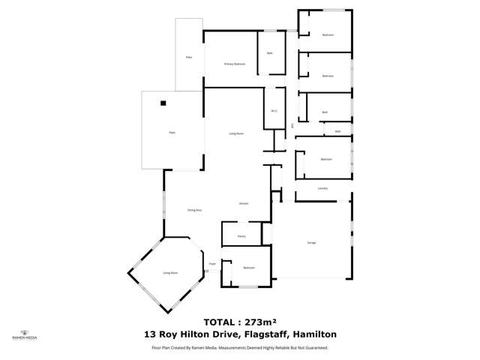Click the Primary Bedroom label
pos(235,64)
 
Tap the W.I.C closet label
pos(274,112)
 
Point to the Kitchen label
pos(244,204)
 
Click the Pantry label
pos(241,235)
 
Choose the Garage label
pos(310,242)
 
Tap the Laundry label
pos(322,188)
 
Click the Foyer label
pos(212,264)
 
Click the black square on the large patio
pos(161,104)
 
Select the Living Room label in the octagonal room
pos(170,273)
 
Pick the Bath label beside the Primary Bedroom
pos(269,53)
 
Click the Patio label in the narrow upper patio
pos(188,58)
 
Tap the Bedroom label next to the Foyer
pos(249,268)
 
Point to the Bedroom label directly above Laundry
pos(325,159)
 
